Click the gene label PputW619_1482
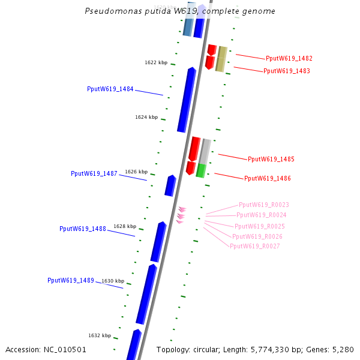tap(289, 59)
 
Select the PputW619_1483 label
tap(287, 71)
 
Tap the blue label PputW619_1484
tap(110, 89)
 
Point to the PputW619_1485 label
tap(271, 159)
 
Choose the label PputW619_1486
tap(268, 178)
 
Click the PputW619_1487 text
tap(94, 173)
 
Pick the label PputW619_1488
tap(83, 229)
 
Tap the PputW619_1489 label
tap(71, 280)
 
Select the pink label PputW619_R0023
tap(264, 205)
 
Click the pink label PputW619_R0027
tap(255, 246)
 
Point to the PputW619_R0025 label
tap(260, 226)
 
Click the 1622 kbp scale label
tap(156, 62)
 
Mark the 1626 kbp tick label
tap(136, 172)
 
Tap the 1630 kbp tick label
tap(113, 281)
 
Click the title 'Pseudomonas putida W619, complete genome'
tap(180, 11)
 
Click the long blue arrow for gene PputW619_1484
tap(187, 100)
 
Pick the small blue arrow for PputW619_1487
tap(170, 185)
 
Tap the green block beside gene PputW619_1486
tap(201, 170)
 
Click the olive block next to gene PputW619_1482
tap(221, 59)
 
